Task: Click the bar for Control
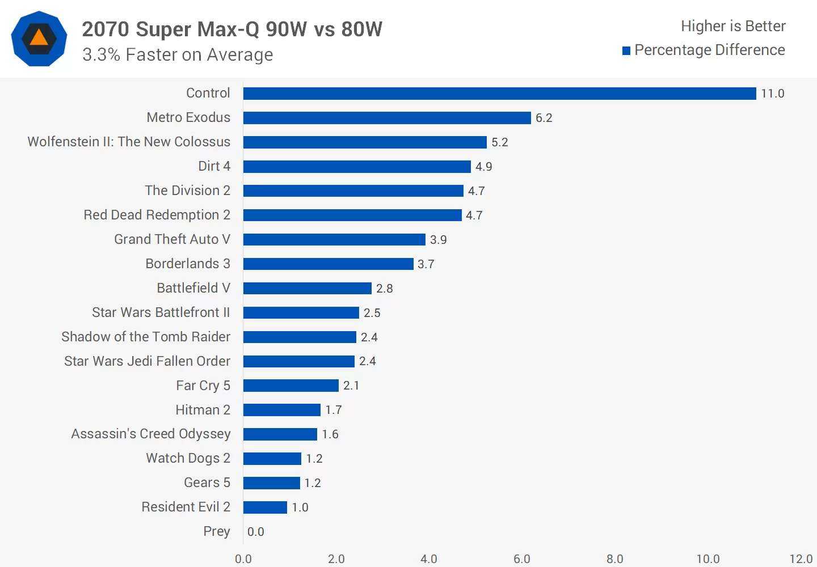click(499, 94)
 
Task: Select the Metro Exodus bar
click(387, 118)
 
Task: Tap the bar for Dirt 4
click(357, 167)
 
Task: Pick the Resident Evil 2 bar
click(265, 507)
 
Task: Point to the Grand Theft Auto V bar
click(334, 240)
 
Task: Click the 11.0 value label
click(772, 94)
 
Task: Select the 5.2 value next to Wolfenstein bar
click(499, 142)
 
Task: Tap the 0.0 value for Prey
click(256, 532)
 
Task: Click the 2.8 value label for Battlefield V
click(384, 289)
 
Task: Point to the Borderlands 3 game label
click(188, 264)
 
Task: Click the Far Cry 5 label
click(203, 386)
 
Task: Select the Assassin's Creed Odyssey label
click(151, 434)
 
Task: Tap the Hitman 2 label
click(203, 410)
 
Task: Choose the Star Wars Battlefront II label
click(161, 312)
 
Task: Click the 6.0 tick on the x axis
click(522, 559)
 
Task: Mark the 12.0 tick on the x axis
click(801, 559)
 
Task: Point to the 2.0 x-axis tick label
click(336, 559)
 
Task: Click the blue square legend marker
click(626, 51)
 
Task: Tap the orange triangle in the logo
click(39, 39)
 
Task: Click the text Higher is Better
click(733, 26)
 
